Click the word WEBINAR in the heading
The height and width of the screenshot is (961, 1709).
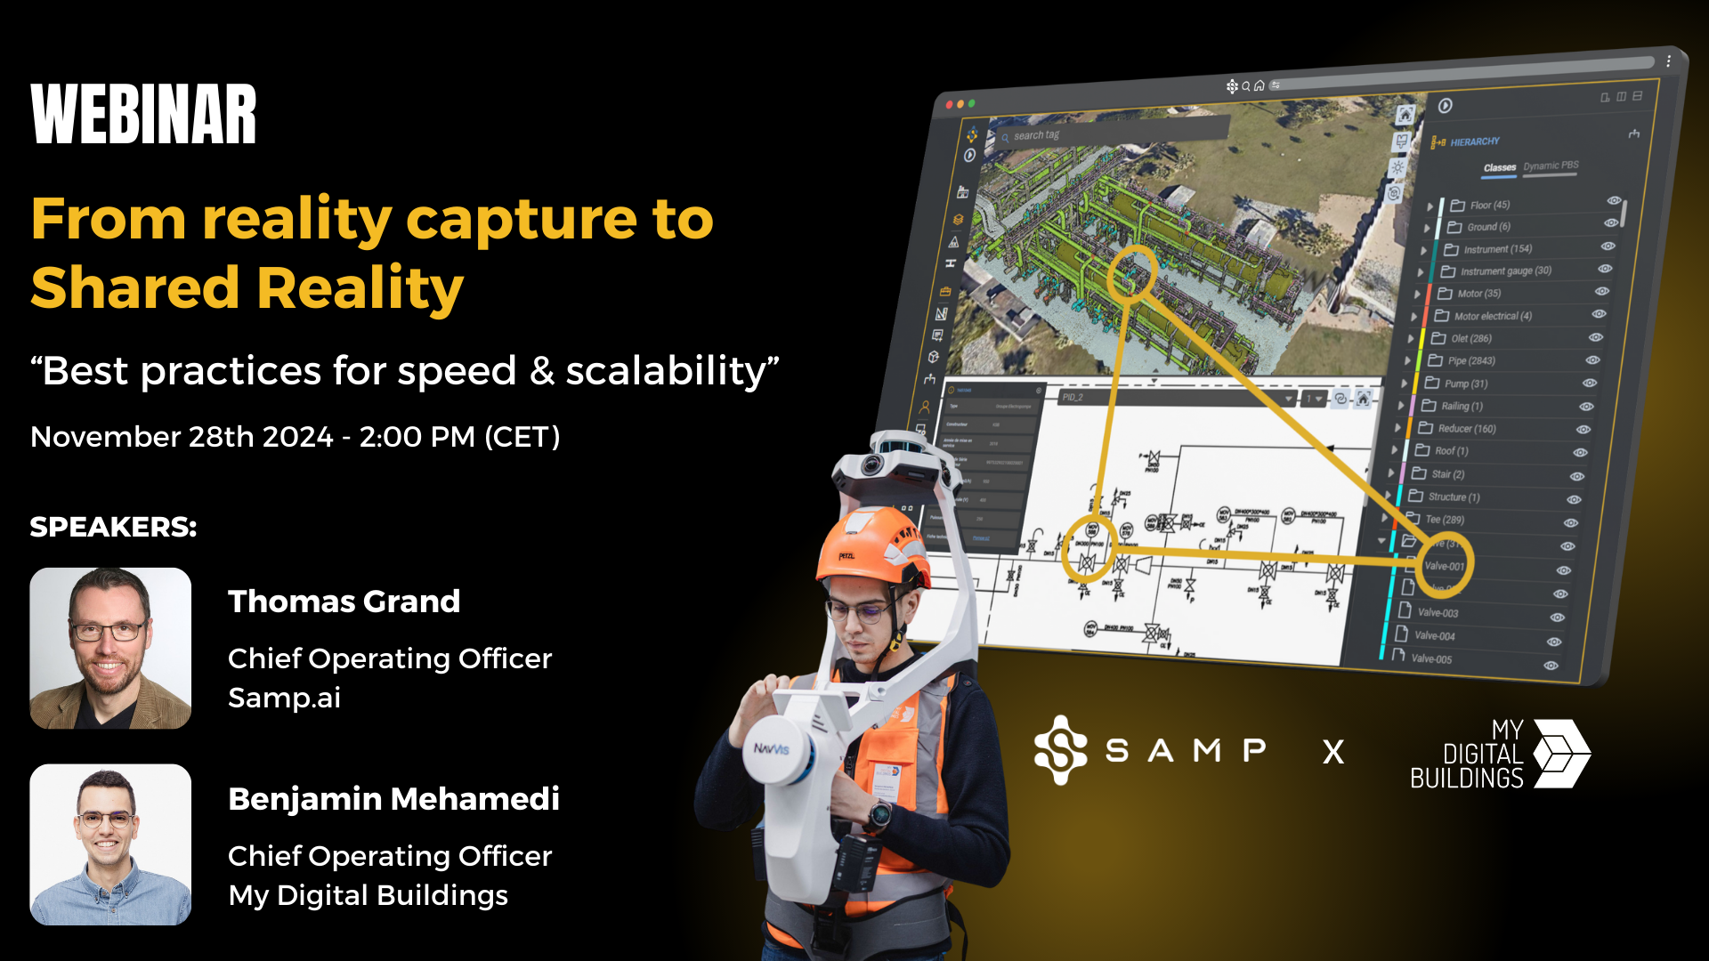(143, 115)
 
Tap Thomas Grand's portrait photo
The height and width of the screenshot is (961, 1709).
(110, 648)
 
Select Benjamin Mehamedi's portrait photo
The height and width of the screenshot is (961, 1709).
(110, 844)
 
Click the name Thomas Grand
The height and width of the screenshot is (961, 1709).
(344, 602)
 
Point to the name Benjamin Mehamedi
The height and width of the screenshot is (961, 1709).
(393, 799)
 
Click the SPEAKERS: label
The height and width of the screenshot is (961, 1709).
(113, 527)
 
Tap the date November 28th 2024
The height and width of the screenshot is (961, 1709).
(182, 437)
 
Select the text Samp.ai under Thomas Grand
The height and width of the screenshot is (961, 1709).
(284, 698)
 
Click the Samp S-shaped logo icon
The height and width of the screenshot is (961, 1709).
(1060, 750)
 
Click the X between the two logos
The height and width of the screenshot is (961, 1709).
(1332, 753)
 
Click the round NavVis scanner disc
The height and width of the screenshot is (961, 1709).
(776, 748)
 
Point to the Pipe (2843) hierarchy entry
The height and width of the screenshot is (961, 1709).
(1470, 360)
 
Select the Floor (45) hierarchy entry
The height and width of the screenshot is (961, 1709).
(1489, 205)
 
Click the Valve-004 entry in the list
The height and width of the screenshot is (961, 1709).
(1434, 635)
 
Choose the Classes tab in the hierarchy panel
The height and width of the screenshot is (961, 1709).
(1499, 167)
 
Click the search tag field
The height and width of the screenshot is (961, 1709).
(1113, 133)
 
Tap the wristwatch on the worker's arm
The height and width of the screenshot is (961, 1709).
(879, 813)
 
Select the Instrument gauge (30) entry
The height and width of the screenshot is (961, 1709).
(1505, 271)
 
